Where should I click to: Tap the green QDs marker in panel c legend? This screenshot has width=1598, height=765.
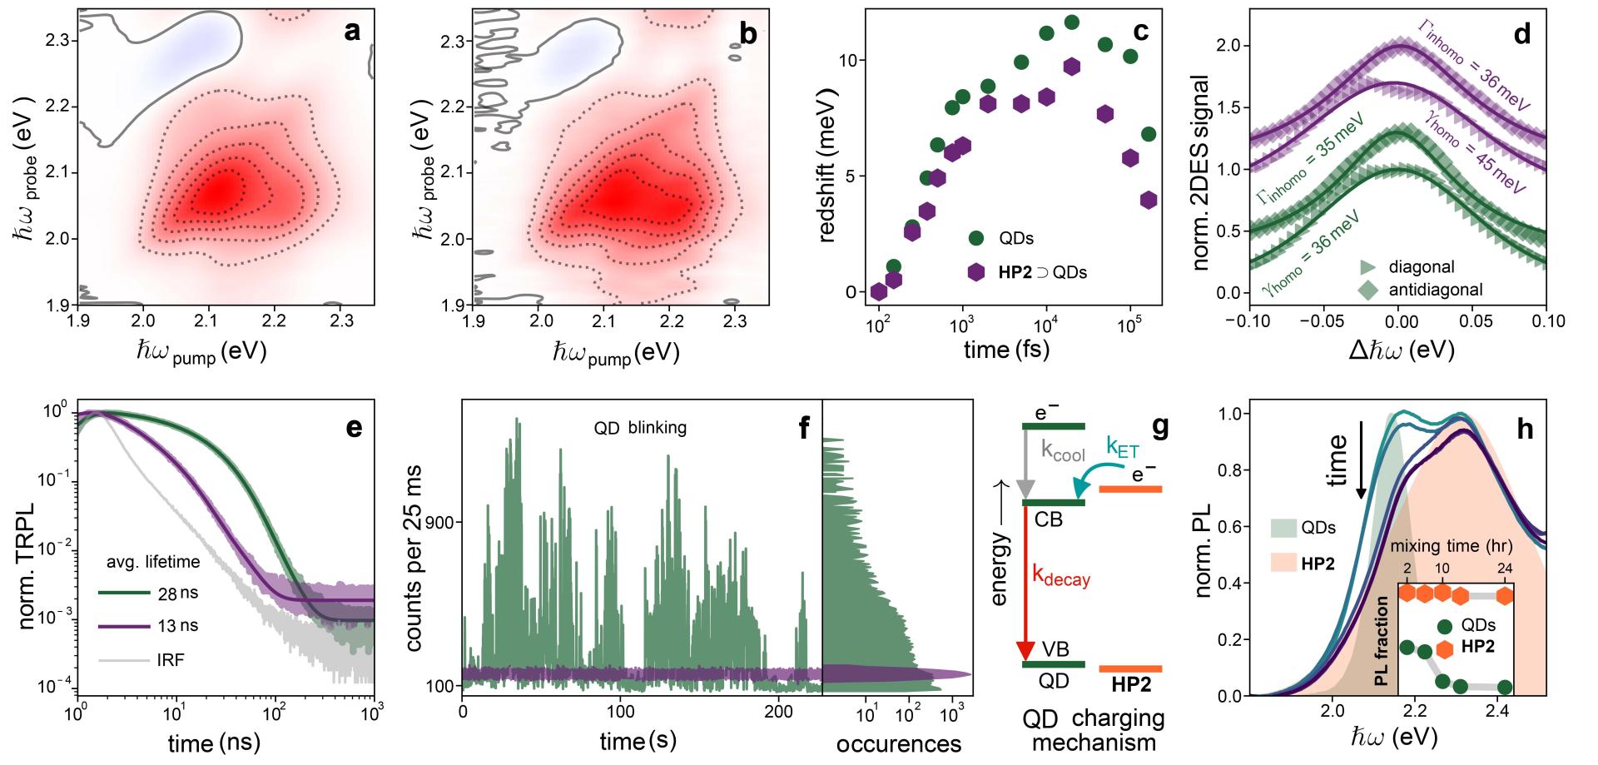[x=976, y=238]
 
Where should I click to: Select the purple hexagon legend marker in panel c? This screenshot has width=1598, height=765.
[x=976, y=271]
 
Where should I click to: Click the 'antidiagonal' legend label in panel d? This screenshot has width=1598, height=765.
[x=1436, y=290]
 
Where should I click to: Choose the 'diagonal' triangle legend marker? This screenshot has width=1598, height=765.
[x=1367, y=267]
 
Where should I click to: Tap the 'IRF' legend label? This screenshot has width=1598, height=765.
[x=171, y=660]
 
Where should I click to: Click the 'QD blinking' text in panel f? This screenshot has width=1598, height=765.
[x=639, y=428]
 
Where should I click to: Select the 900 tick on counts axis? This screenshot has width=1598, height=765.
[x=439, y=523]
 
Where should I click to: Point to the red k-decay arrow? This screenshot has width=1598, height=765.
[x=1025, y=583]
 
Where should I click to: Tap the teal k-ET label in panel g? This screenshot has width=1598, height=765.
[x=1123, y=447]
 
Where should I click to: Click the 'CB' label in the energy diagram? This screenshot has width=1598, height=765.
[x=1049, y=519]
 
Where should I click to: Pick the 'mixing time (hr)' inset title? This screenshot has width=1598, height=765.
[x=1452, y=547]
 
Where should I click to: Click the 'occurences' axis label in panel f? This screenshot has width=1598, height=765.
[x=898, y=743]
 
